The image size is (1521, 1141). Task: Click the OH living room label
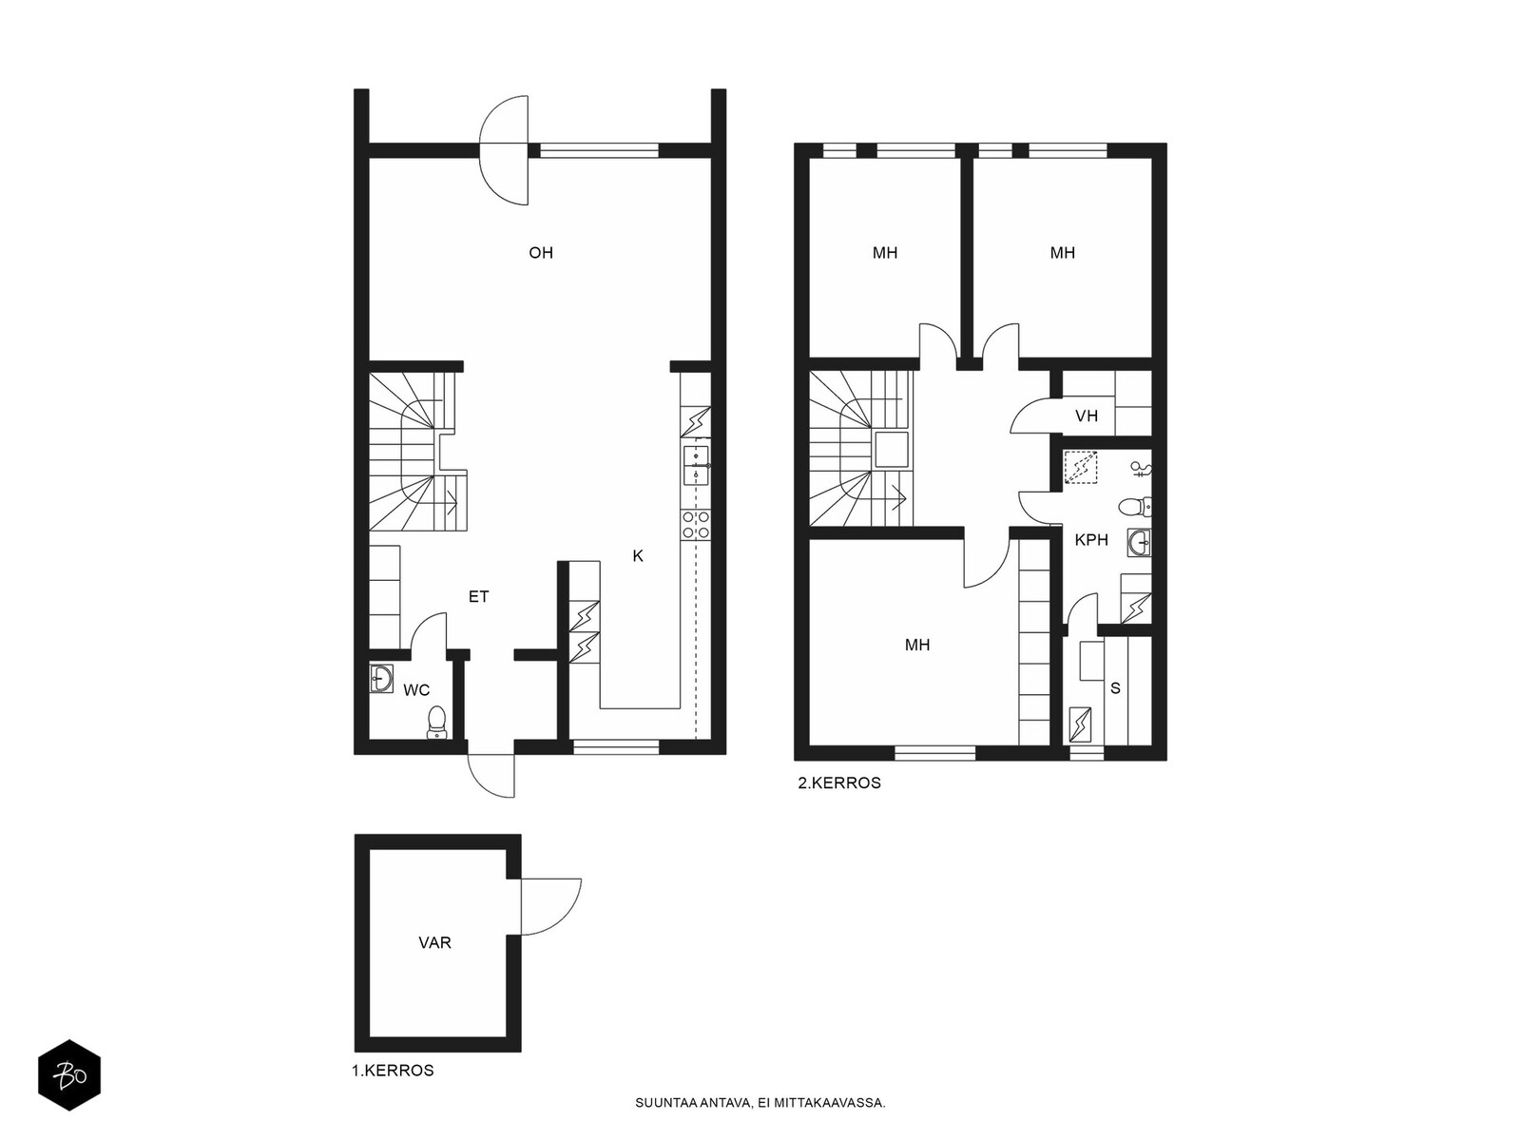[541, 253]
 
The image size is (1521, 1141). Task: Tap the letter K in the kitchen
[638, 555]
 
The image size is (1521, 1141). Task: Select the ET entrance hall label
[479, 596]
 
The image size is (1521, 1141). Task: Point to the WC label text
[416, 690]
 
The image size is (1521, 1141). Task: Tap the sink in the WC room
[381, 678]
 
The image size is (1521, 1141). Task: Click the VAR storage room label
[434, 943]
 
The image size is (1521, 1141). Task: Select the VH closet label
[1087, 416]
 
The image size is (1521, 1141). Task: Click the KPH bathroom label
[1091, 540]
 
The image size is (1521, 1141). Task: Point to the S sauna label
[1116, 687]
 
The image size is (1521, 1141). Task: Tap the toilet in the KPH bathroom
[1135, 507]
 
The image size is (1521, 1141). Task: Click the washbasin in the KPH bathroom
[1139, 542]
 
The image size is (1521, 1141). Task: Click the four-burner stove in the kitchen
[696, 525]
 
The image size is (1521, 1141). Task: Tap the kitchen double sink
[696, 466]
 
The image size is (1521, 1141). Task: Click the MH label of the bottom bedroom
[916, 645]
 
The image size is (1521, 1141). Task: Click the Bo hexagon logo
[69, 1075]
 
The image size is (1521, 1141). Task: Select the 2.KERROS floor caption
[839, 783]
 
